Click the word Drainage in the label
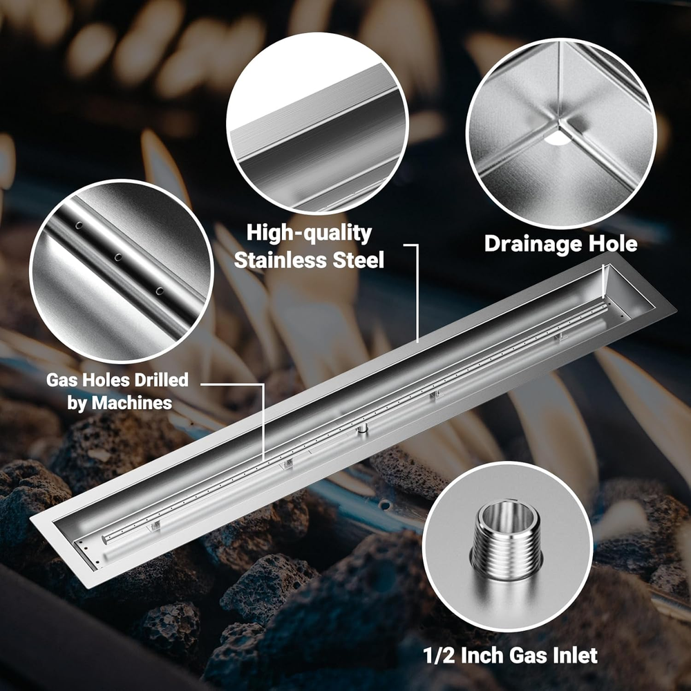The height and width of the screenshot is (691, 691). tap(532, 245)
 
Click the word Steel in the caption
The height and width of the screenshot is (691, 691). tap(358, 260)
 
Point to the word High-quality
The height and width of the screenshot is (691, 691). tap(309, 233)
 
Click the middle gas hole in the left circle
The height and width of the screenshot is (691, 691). tap(118, 257)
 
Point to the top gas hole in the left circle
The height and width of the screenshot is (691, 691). tap(79, 225)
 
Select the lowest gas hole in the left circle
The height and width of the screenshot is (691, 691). tap(159, 291)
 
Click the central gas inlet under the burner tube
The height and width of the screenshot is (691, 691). tap(362, 428)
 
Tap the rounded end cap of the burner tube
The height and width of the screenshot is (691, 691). tap(105, 539)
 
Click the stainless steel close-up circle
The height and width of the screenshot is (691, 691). tap(317, 124)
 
